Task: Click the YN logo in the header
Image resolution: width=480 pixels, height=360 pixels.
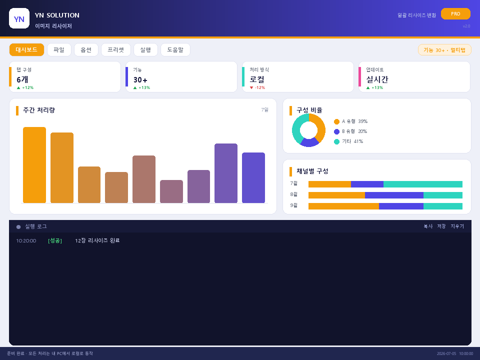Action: tap(19, 18)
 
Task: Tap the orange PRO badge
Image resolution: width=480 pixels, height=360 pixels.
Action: tap(455, 14)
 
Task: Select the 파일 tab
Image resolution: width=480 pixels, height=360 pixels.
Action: tap(59, 50)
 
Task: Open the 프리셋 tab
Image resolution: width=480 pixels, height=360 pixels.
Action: tap(115, 50)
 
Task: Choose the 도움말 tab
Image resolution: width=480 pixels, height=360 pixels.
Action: tap(175, 50)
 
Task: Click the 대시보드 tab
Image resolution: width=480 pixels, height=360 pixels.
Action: tap(26, 50)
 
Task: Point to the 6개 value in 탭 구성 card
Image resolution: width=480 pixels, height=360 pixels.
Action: tap(22, 79)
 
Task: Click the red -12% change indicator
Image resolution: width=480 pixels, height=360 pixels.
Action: tap(257, 87)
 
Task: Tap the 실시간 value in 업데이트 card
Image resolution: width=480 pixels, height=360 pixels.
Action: tap(377, 79)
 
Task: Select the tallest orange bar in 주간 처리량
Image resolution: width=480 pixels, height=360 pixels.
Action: tap(34, 165)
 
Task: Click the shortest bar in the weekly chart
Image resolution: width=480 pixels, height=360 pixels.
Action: tap(171, 191)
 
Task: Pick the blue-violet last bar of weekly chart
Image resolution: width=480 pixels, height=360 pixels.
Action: tap(253, 178)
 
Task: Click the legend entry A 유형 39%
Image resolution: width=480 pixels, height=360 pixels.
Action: tap(351, 121)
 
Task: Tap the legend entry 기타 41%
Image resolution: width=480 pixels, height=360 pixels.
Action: tap(348, 141)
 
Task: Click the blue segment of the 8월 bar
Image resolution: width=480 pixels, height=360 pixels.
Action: tap(394, 195)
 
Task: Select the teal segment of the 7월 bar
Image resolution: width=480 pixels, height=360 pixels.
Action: tap(423, 184)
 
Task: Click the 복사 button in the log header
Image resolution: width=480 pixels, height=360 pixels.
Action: tap(428, 226)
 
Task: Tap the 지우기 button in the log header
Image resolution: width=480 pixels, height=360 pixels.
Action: tap(457, 226)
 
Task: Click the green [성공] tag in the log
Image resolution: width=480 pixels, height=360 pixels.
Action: tap(55, 240)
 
